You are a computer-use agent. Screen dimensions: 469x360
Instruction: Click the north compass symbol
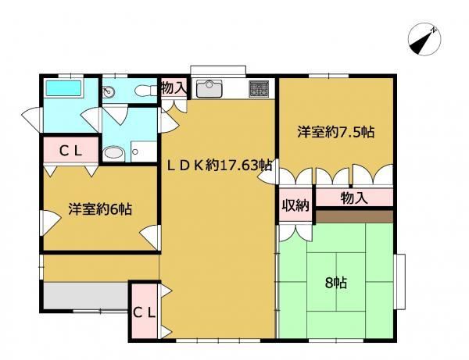(424, 40)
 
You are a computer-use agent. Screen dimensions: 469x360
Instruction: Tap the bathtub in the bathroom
(63, 88)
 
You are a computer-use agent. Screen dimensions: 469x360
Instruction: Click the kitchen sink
(209, 89)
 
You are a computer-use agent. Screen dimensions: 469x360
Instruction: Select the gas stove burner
(259, 88)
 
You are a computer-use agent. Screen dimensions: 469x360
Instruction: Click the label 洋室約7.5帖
(335, 132)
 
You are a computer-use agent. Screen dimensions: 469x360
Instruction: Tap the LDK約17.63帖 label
(219, 166)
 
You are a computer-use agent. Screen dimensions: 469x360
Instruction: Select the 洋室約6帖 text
(100, 209)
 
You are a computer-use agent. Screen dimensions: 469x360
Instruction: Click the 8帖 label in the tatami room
(336, 283)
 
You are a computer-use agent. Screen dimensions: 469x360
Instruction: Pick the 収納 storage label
(295, 205)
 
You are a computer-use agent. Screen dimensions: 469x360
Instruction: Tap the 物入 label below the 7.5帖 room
(354, 198)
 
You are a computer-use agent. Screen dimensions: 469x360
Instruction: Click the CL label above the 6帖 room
(70, 151)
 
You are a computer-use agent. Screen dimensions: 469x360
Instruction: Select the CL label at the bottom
(144, 313)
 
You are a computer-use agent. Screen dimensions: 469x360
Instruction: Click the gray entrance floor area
(86, 296)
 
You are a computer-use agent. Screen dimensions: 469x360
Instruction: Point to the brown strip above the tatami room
(354, 216)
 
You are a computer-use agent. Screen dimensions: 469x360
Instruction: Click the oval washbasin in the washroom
(113, 153)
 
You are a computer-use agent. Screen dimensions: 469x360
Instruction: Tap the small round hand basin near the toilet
(107, 91)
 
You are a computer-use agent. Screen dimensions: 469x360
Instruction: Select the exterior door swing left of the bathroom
(30, 119)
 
